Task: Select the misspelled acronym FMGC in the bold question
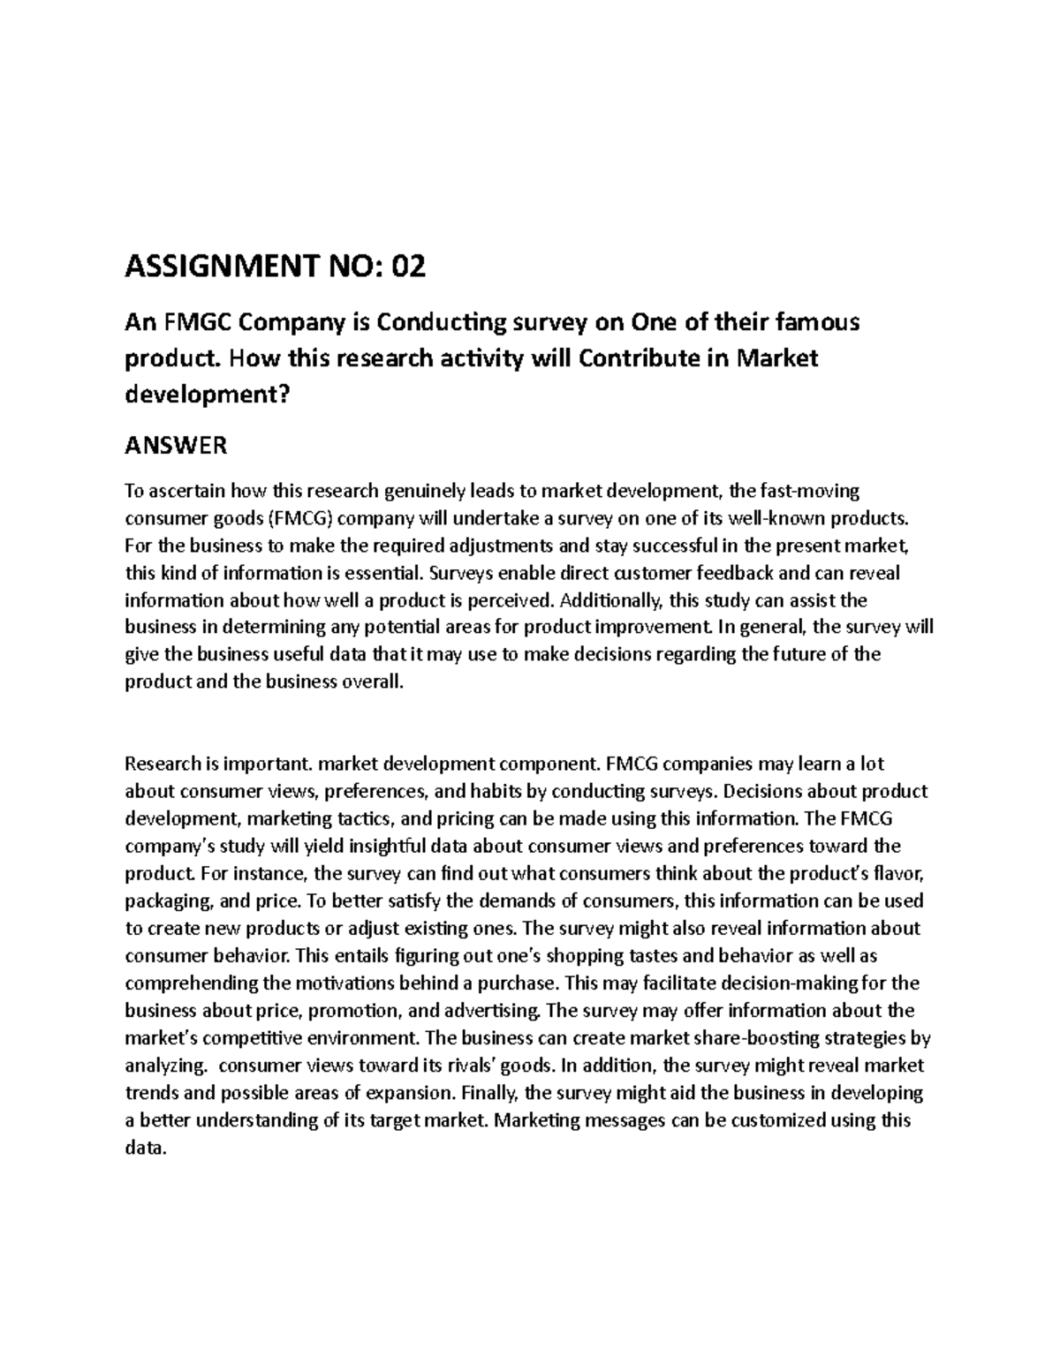coord(191,323)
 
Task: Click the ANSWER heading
coord(176,446)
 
